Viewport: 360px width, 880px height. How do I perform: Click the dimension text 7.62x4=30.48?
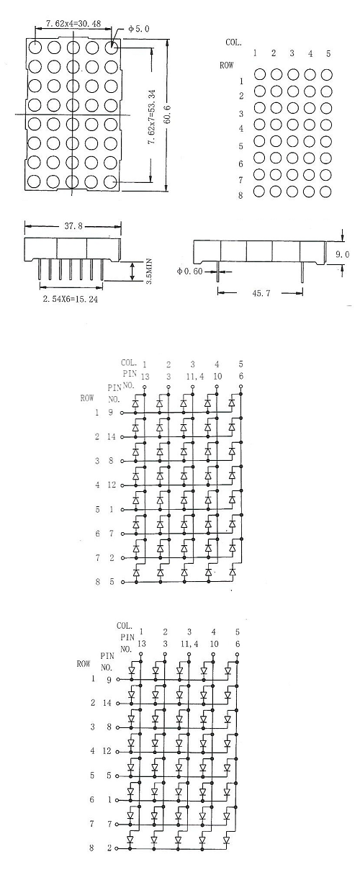coord(73,24)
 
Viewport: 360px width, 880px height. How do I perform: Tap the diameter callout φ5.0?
coord(138,29)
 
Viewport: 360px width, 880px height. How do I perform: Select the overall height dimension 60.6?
coord(168,115)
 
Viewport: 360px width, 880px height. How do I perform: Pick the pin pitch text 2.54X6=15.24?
coord(71,300)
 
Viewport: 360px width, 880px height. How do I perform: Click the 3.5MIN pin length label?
coord(149,271)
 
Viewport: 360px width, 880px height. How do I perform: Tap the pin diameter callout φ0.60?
coord(189,271)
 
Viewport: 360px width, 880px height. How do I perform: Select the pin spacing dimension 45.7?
coord(261,293)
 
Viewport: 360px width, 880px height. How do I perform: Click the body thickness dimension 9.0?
coord(342,255)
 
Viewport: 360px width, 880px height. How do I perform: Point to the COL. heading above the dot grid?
coord(233,42)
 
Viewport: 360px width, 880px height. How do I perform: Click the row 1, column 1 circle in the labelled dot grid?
coord(259,74)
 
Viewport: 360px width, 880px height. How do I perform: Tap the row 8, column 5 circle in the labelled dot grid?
coord(326,192)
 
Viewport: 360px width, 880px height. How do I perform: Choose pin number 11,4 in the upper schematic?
coord(195,377)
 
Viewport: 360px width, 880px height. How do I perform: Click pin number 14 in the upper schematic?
coord(112,436)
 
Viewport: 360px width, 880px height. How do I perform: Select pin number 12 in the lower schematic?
coord(107,751)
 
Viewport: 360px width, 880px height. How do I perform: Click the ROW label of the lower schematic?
coord(84,663)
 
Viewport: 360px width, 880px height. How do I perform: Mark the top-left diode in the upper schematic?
coord(135,403)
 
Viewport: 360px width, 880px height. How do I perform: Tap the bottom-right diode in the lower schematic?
coord(228,840)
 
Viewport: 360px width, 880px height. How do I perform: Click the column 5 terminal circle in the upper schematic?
coord(241,387)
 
